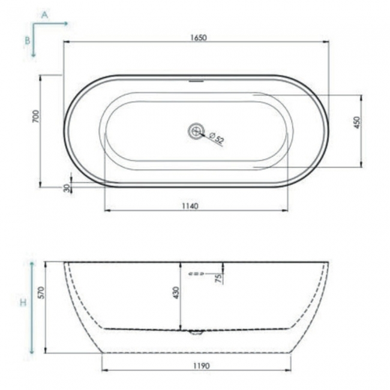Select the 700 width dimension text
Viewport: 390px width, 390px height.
click(36, 116)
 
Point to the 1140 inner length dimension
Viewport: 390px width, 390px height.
click(190, 206)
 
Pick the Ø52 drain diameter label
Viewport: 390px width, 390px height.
click(217, 139)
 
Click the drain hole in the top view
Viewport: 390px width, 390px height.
click(196, 130)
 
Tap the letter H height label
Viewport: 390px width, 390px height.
click(23, 303)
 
